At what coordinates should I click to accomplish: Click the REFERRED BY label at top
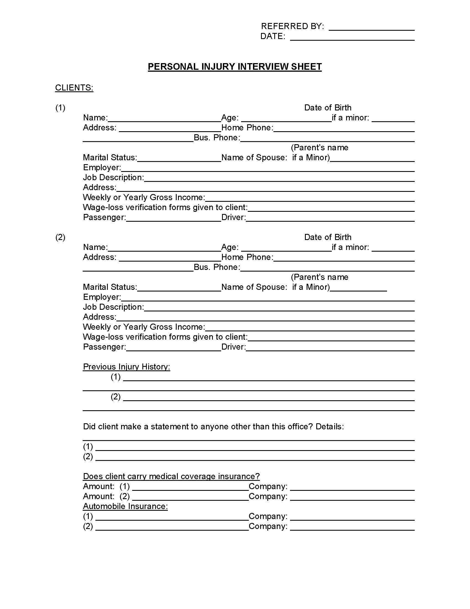(292, 26)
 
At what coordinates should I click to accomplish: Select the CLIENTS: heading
(74, 87)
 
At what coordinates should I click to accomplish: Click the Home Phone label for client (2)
(247, 257)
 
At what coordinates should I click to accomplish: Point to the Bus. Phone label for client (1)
(217, 138)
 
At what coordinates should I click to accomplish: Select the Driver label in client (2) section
(233, 347)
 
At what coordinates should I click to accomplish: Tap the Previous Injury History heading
(126, 367)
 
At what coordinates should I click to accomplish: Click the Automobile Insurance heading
(125, 506)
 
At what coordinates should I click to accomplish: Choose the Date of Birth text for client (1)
(327, 108)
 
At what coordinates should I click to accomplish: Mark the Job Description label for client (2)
(113, 307)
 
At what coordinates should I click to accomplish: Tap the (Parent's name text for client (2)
(319, 277)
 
